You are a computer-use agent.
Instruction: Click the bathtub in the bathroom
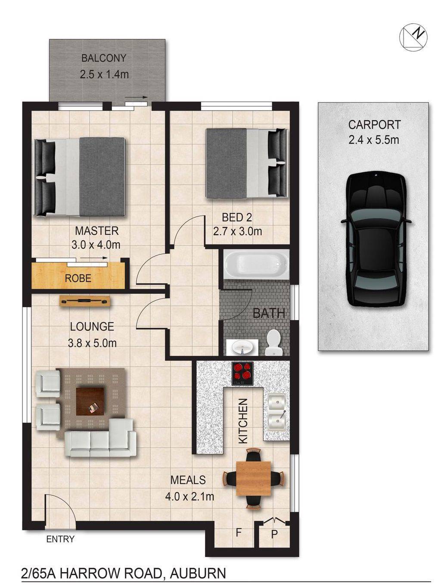point(256,264)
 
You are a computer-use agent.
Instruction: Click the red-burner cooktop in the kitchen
point(242,373)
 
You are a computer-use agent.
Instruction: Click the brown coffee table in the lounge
point(90,401)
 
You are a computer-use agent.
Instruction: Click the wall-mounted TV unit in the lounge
point(85,301)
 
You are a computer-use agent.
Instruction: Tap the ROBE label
point(78,278)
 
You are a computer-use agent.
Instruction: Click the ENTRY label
point(60,539)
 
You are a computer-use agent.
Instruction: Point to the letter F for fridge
point(238,533)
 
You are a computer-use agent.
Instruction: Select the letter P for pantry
point(274,535)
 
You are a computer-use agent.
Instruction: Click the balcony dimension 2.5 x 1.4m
point(104,74)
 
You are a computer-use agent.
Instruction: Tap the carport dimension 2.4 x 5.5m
point(373,140)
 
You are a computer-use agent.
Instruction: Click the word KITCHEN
point(243,421)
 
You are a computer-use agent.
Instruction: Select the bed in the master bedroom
point(80,177)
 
